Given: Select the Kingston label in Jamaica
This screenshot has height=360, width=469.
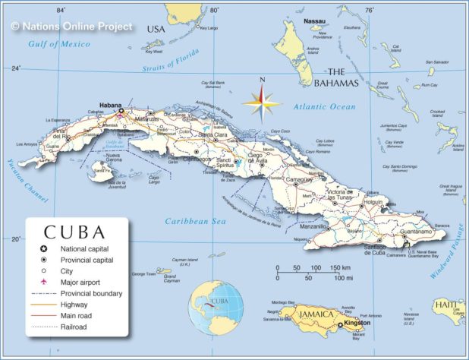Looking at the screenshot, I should coord(357,323).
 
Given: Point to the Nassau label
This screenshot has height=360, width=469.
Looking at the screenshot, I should coord(315,21).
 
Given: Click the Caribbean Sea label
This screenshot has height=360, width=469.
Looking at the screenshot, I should coord(196,221).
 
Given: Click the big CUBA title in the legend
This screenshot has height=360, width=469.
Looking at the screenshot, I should coord(74,231).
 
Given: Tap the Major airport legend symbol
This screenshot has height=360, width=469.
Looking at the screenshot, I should coord(45,282).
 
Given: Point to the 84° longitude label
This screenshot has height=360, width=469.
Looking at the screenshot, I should coord(61,10).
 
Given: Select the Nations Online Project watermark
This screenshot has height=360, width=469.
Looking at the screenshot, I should coord(72,27).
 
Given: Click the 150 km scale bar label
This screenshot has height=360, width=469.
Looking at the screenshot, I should coord(339,267).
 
